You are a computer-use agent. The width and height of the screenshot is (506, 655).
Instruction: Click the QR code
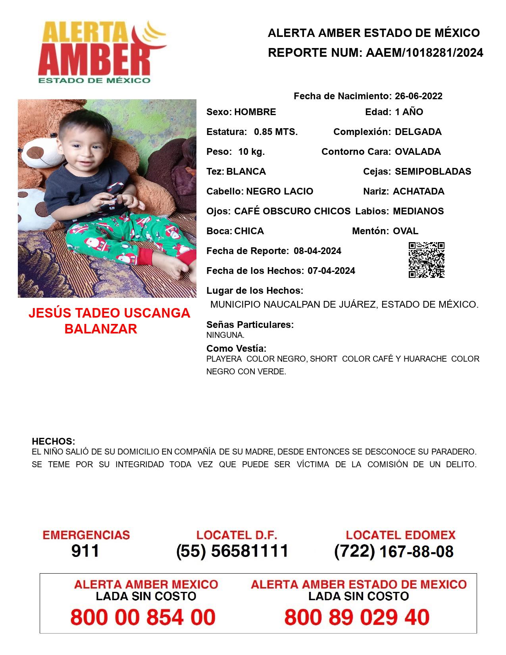426,260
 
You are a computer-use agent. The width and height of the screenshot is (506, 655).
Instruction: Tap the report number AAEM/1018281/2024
424,53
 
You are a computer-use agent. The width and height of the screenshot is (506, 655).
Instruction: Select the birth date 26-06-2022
418,96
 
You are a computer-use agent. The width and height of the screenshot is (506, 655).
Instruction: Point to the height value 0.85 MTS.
276,132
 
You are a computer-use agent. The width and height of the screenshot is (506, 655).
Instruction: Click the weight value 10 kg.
251,152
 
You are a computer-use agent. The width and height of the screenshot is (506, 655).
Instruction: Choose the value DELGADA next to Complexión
418,132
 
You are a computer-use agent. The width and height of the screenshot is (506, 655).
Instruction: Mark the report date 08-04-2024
317,251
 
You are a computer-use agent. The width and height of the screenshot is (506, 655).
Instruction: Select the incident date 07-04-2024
331,271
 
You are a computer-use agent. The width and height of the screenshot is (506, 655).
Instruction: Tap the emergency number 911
85,551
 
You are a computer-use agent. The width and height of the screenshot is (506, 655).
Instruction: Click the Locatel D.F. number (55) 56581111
232,551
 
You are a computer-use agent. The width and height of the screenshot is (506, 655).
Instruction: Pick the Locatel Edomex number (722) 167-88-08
394,551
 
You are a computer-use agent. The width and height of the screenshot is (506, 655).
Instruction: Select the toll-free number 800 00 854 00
143,618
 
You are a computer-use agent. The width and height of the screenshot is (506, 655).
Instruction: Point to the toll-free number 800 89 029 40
357,618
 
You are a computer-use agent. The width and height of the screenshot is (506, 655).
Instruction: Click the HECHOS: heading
53,441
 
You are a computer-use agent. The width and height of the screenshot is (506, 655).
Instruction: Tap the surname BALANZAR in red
101,329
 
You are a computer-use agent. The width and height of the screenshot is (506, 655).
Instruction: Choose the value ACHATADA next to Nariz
418,191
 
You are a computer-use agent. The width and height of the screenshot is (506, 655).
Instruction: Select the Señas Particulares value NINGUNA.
225,335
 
